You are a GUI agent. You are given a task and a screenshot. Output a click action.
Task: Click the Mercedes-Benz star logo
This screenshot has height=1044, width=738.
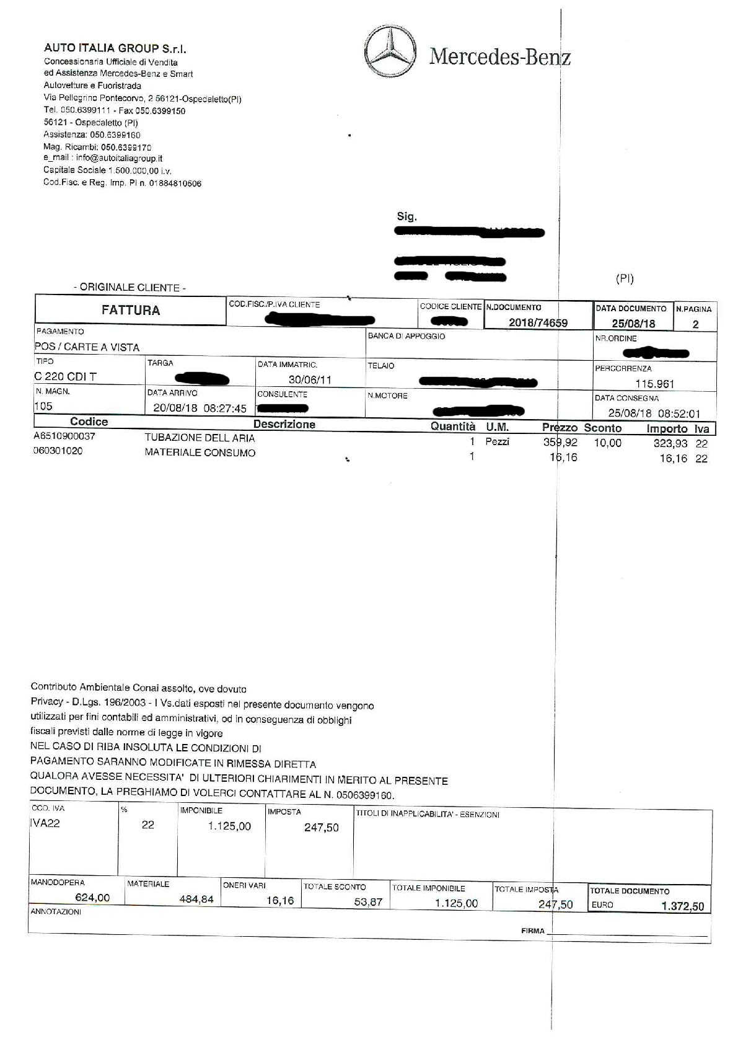click(391, 52)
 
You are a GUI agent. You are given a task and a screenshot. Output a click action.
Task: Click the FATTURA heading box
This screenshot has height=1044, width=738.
click(131, 310)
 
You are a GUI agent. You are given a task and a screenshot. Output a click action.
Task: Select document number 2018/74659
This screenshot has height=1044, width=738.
click(538, 322)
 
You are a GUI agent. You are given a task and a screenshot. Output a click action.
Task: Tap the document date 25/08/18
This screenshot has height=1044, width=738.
click(633, 323)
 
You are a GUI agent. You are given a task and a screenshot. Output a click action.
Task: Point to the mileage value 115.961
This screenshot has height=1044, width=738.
click(654, 384)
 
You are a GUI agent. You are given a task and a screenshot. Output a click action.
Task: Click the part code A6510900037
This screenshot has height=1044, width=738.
click(64, 436)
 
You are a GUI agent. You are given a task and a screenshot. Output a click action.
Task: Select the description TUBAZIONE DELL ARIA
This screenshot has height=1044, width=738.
click(200, 438)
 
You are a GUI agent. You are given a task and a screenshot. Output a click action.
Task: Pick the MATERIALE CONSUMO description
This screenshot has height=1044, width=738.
click(200, 453)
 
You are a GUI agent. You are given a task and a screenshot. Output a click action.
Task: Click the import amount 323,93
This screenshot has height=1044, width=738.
click(670, 443)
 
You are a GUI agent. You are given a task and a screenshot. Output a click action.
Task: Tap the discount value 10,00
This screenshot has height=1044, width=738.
click(607, 443)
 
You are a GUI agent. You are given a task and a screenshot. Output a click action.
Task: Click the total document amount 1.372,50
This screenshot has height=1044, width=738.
click(682, 906)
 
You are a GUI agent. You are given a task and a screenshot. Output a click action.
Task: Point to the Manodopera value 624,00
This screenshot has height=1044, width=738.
click(92, 897)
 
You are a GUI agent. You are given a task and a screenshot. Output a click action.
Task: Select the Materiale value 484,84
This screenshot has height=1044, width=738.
click(196, 899)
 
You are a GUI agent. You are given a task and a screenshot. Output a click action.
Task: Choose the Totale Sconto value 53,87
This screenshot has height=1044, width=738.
click(368, 901)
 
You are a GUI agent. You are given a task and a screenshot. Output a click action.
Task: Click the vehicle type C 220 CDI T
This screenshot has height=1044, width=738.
click(66, 376)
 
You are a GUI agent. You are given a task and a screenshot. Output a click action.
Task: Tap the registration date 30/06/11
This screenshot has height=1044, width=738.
click(310, 379)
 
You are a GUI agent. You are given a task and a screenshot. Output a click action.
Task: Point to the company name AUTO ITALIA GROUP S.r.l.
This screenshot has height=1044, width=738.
click(115, 48)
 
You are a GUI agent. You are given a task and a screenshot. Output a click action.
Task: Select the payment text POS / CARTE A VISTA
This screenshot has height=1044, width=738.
click(87, 347)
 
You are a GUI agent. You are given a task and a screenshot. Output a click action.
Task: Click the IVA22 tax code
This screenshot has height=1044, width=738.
click(45, 823)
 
